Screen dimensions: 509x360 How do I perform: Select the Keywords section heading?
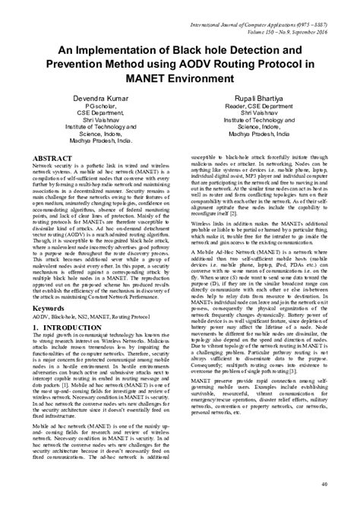48,311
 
